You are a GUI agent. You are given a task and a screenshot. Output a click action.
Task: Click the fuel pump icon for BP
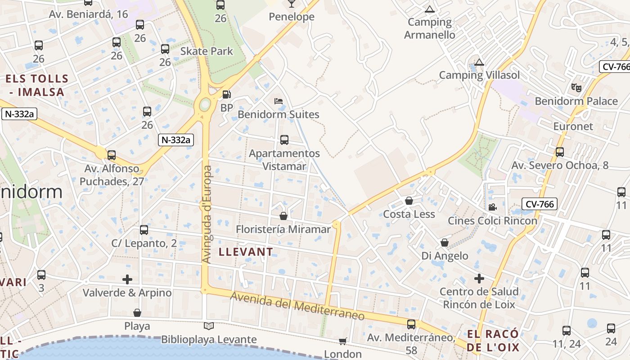pyautogui.click(x=227, y=94)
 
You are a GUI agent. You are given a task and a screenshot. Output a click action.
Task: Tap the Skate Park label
pyautogui.click(x=207, y=51)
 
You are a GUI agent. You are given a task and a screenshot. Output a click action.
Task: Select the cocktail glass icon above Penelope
pyautogui.click(x=291, y=4)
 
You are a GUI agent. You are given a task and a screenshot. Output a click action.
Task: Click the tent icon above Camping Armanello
pyautogui.click(x=430, y=9)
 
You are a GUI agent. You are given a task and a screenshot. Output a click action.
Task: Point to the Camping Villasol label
pyautogui.click(x=479, y=75)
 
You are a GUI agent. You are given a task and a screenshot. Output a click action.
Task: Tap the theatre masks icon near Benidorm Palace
pyautogui.click(x=576, y=87)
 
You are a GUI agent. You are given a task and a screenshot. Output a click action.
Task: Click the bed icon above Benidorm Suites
pyautogui.click(x=279, y=101)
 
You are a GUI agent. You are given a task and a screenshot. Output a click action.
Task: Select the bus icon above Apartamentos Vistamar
pyautogui.click(x=284, y=140)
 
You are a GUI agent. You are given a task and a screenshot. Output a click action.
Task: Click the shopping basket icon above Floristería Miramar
pyautogui.click(x=283, y=216)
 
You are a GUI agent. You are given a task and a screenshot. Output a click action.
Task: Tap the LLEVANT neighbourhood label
pyautogui.click(x=246, y=252)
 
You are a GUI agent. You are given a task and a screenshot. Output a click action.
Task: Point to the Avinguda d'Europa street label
pyautogui.click(x=207, y=215)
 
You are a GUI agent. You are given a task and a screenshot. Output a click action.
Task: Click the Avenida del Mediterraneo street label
pyautogui.click(x=297, y=306)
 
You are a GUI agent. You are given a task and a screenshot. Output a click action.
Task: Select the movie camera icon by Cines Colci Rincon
pyautogui.click(x=492, y=207)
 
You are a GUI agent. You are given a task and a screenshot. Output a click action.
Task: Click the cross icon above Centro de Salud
pyautogui.click(x=479, y=279)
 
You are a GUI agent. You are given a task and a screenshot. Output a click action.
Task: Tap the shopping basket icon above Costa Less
pyautogui.click(x=409, y=201)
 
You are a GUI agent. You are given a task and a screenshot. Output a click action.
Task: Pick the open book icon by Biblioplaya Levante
pyautogui.click(x=209, y=326)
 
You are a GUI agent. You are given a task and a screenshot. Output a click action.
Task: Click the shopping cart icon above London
pyautogui.click(x=343, y=342)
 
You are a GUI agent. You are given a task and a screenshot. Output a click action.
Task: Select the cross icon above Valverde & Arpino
pyautogui.click(x=127, y=279)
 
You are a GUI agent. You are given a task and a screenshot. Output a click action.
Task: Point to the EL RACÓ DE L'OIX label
pyautogui.click(x=493, y=341)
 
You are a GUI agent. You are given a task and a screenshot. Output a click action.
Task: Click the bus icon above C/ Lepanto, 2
pyautogui.click(x=144, y=230)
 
